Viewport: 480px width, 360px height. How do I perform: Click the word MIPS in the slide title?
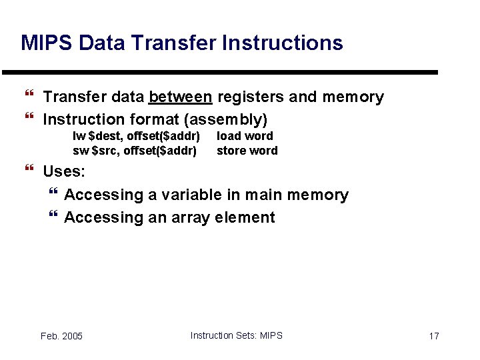tap(47, 43)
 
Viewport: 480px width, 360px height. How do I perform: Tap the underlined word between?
tap(181, 97)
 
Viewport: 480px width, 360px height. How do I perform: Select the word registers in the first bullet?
tap(250, 97)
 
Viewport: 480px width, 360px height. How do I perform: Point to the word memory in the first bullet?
tap(353, 97)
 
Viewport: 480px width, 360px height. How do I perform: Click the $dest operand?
tap(101, 136)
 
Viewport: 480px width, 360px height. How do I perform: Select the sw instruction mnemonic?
tap(80, 151)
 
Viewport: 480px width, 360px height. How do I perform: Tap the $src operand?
tap(105, 151)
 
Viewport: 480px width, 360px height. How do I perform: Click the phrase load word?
tap(245, 136)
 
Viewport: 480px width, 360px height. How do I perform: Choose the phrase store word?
tap(247, 151)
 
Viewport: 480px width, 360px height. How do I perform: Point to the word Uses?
tap(64, 171)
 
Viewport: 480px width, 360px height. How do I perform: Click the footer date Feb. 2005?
tap(61, 336)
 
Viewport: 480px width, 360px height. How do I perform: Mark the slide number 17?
tap(433, 336)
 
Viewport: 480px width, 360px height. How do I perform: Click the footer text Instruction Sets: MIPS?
tap(236, 335)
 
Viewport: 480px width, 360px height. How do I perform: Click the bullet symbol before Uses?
tap(28, 171)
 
